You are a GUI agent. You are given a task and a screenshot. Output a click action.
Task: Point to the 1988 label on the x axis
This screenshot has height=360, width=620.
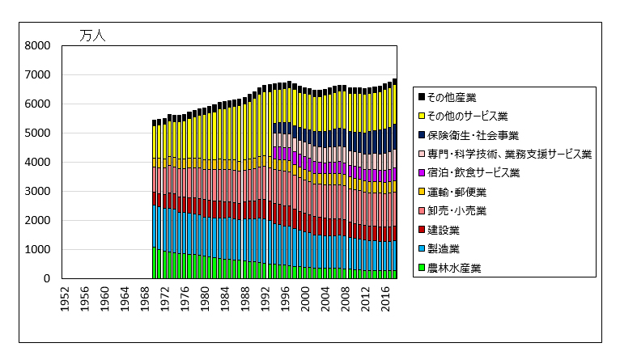pos(245,297)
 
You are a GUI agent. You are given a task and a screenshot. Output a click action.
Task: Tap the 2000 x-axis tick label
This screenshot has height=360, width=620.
pos(305,297)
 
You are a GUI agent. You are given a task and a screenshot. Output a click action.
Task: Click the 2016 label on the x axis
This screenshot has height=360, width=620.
pos(384,297)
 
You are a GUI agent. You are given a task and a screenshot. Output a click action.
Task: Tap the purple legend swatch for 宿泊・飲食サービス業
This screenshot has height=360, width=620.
pos(422,173)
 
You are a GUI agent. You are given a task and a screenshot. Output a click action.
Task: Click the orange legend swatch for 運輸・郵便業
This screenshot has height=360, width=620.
pos(422,192)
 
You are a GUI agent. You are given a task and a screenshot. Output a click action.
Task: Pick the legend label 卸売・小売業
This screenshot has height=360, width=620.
pos(460,211)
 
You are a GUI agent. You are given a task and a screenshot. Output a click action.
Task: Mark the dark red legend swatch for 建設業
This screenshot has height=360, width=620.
pos(422,230)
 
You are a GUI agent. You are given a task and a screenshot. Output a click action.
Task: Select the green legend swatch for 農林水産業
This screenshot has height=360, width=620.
pos(422,268)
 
